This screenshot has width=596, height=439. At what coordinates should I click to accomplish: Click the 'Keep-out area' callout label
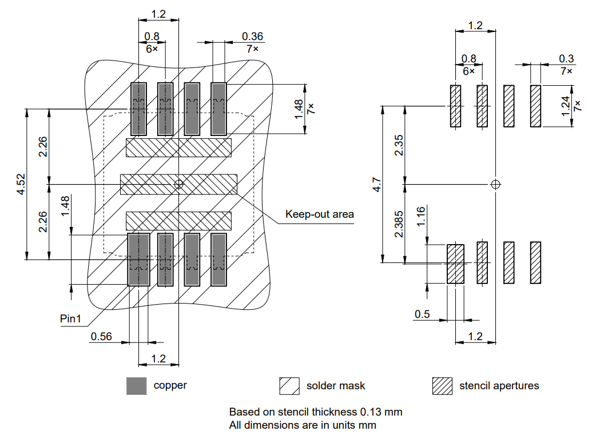pyautogui.click(x=320, y=214)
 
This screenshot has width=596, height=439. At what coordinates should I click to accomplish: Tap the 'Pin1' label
pyautogui.click(x=71, y=318)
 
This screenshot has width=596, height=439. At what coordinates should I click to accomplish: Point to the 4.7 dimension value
pyautogui.click(x=376, y=184)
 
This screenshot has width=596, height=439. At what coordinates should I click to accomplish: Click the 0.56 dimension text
pyautogui.click(x=101, y=336)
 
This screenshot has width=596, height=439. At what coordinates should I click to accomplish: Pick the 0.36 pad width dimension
pyautogui.click(x=252, y=37)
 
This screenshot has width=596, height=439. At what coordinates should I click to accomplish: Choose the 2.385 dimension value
pyautogui.click(x=400, y=224)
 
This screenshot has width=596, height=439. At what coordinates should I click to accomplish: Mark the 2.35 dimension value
pyautogui.click(x=400, y=145)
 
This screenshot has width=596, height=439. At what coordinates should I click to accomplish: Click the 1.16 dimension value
pyautogui.click(x=422, y=217)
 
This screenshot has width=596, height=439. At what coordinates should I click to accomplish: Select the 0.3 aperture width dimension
pyautogui.click(x=566, y=58)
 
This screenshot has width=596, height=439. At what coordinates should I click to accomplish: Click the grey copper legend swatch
pyautogui.click(x=137, y=386)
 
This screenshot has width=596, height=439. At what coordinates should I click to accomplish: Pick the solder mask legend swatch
pyautogui.click(x=289, y=386)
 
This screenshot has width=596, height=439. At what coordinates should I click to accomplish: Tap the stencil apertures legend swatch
pyautogui.click(x=442, y=386)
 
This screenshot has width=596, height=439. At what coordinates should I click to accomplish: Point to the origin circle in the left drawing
pyautogui.click(x=178, y=184)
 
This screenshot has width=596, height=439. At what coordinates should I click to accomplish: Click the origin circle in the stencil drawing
pyautogui.click(x=495, y=184)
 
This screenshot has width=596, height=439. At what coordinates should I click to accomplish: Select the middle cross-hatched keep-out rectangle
pyautogui.click(x=178, y=184)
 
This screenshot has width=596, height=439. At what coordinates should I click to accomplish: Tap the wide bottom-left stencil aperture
pyautogui.click(x=455, y=264)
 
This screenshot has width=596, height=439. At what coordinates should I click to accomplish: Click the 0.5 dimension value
pyautogui.click(x=422, y=314)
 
